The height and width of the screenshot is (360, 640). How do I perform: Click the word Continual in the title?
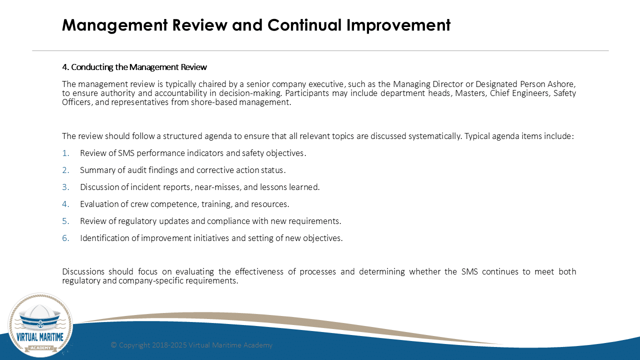pos(304,25)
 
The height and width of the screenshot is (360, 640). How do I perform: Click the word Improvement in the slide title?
pos(398,25)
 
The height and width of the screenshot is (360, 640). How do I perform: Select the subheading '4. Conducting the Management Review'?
pos(134,67)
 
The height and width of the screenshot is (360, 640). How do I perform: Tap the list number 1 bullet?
pos(65,153)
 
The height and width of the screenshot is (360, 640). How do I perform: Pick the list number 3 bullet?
pos(65,187)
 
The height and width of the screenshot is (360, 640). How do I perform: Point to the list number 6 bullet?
pos(65,238)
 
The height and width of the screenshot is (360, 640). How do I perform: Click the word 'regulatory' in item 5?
pos(137,221)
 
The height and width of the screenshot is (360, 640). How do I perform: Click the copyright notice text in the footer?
pos(191,345)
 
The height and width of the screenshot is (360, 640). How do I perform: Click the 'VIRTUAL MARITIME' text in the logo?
pos(40,337)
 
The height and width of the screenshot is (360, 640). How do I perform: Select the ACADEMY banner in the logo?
pos(41,347)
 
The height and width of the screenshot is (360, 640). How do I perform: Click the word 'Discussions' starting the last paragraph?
pos(83,271)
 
